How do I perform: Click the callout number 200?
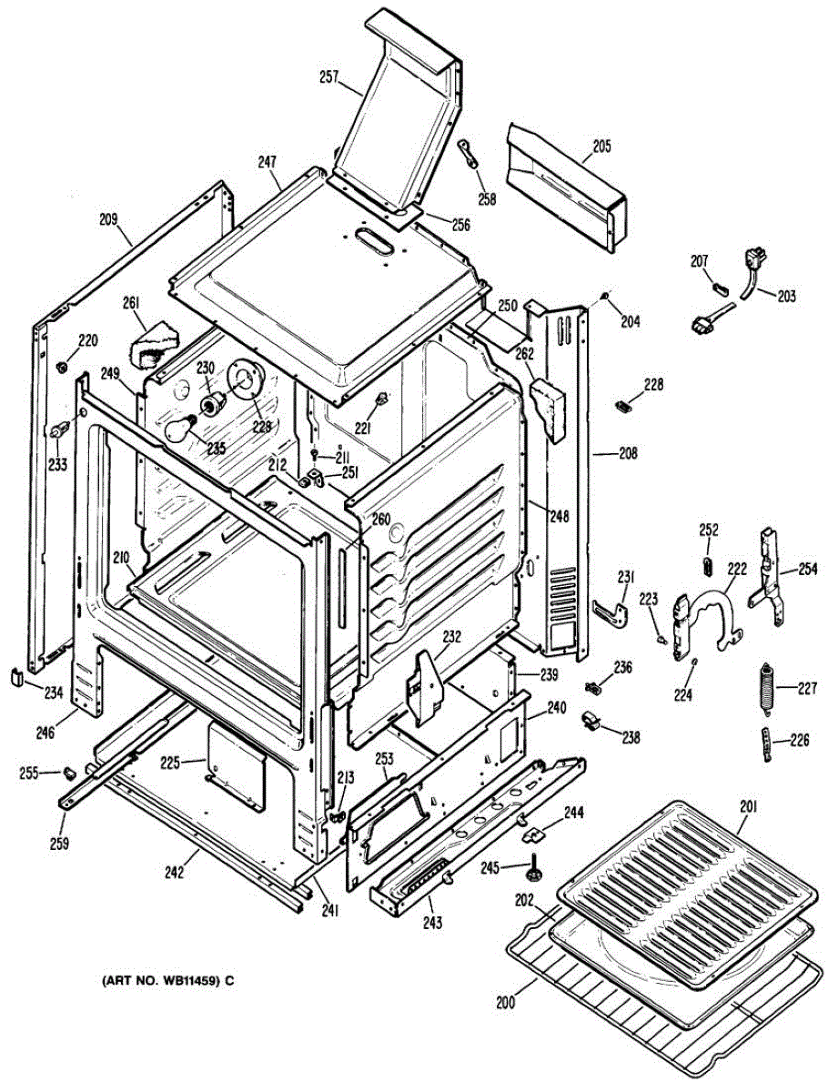[505, 1004]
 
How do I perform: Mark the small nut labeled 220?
[61, 366]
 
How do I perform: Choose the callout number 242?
[175, 873]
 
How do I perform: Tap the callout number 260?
[380, 520]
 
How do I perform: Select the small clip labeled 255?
[69, 773]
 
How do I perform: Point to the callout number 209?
[108, 218]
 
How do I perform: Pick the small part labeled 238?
[589, 720]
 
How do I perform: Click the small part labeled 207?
[720, 286]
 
